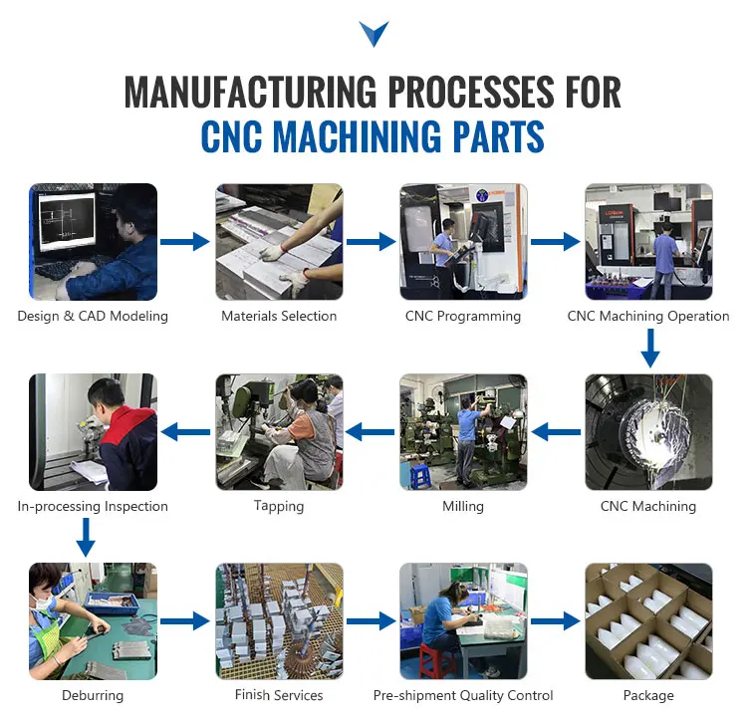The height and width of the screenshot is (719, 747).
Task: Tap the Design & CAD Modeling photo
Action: point(93,242)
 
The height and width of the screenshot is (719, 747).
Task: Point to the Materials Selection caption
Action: point(279,317)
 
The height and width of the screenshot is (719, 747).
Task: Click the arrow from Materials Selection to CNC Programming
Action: point(371,242)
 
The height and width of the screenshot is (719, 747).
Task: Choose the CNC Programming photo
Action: point(463,242)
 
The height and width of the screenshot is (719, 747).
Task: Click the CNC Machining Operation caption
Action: point(648,317)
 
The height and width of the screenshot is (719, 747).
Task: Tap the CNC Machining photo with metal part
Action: point(648,431)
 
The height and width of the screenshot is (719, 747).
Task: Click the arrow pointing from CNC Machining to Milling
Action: point(556,431)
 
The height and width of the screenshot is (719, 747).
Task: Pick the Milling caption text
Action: point(463,507)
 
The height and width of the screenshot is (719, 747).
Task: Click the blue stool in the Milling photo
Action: point(420,476)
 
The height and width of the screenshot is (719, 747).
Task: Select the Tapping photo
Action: point(279,431)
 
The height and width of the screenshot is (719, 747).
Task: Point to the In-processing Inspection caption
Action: point(93,507)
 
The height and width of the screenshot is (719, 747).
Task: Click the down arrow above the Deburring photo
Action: point(86,538)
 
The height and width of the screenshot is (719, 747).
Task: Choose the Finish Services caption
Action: point(279,695)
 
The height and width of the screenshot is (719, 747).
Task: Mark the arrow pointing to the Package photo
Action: point(556,621)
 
